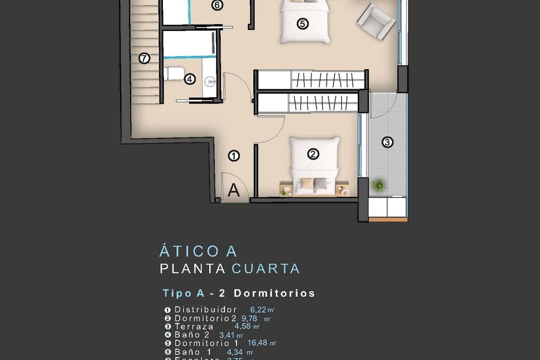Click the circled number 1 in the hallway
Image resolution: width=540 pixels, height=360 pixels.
234,156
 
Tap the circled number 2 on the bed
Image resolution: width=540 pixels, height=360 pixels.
313,154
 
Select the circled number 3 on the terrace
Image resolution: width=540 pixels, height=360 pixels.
387,143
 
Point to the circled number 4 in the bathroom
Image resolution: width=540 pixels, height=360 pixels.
190,79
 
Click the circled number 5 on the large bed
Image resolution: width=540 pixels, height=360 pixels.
302,23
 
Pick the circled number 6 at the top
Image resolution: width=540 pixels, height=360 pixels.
217,5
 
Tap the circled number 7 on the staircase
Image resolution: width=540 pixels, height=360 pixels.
144,58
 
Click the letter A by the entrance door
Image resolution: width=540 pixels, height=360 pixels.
234,190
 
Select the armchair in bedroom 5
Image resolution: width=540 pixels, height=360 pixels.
376,21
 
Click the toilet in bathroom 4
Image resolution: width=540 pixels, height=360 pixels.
175,73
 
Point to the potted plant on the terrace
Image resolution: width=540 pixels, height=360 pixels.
379,184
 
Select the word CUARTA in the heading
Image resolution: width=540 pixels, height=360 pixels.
265,269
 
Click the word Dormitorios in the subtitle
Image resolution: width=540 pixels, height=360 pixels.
274,293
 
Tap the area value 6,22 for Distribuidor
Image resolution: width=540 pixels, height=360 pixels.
258,310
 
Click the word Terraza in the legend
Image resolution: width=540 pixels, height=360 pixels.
194,327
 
